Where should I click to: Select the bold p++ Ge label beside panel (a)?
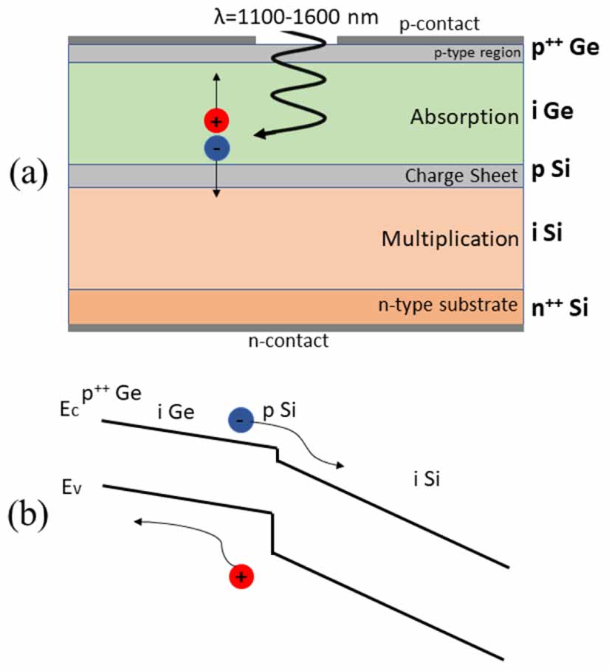coord(559,51)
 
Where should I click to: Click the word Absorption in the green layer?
coord(464,117)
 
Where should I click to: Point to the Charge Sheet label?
coord(461,176)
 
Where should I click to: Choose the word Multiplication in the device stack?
coord(450,238)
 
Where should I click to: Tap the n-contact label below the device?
coord(288,341)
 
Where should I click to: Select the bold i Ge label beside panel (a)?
coord(552,112)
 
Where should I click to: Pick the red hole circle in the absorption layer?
coord(216,120)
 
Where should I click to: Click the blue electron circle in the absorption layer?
coord(216,148)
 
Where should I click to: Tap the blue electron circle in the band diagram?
coord(241,421)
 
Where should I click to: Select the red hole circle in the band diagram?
coord(241,576)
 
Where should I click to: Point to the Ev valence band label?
coord(72,487)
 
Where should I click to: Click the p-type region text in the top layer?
coord(478,52)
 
